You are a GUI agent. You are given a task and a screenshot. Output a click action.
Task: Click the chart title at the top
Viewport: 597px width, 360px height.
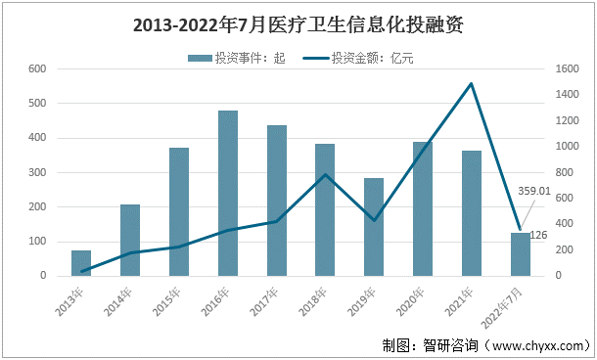tap(298, 24)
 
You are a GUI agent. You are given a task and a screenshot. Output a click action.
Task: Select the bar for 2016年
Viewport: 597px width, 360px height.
tap(227, 193)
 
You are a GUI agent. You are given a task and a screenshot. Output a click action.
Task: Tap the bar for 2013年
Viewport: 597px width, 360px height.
tap(81, 263)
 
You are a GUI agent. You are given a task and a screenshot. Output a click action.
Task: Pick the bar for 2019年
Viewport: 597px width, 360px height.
tap(374, 227)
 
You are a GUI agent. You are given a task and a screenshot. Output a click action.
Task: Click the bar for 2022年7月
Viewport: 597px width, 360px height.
tap(520, 254)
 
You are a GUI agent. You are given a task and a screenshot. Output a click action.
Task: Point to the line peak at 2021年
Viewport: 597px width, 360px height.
tap(472, 84)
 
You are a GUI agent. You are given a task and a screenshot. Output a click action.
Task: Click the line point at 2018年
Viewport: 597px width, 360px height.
tap(325, 175)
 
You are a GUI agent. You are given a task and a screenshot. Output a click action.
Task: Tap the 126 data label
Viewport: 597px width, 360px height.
tap(537, 236)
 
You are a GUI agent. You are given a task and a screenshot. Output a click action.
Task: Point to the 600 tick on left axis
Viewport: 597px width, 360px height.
tap(38, 69)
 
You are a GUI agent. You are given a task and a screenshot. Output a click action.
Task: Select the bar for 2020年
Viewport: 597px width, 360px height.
tap(423, 208)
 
